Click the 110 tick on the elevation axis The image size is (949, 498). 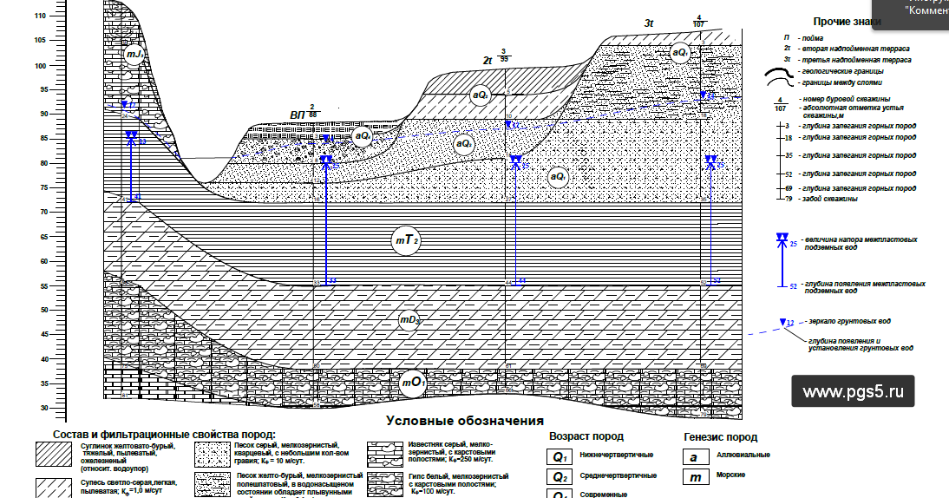click(40, 16)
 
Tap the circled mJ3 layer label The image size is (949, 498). click(134, 56)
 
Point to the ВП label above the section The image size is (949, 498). click(298, 114)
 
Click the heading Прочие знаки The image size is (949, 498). click(847, 21)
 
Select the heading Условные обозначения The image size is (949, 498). click(459, 421)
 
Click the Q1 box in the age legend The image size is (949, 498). click(559, 455)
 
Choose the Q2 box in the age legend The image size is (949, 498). click(559, 476)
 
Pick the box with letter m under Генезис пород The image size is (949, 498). click(695, 476)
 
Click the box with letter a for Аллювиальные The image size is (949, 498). click(695, 455)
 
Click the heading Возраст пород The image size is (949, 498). click(586, 436)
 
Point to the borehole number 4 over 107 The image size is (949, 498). click(698, 21)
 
